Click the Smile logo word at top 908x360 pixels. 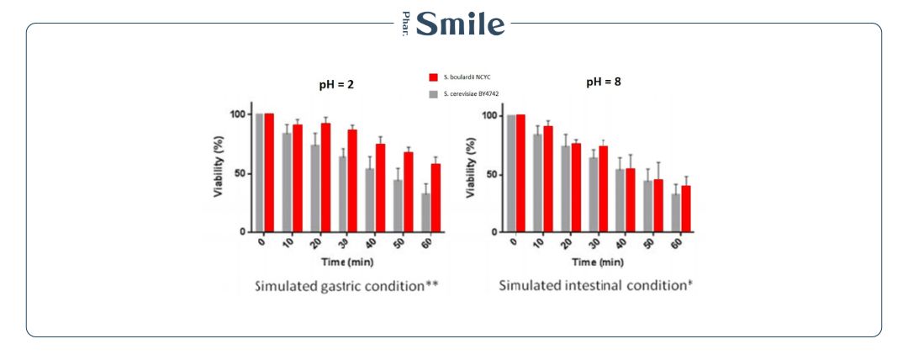[x=462, y=23]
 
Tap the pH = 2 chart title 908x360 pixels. [x=325, y=84]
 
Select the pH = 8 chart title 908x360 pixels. [x=604, y=82]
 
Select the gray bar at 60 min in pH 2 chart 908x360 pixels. [x=426, y=213]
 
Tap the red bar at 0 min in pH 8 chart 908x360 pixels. [x=521, y=173]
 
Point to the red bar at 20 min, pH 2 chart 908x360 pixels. [x=325, y=177]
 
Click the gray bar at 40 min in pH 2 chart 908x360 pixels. [x=371, y=200]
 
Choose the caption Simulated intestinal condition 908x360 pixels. [x=595, y=285]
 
